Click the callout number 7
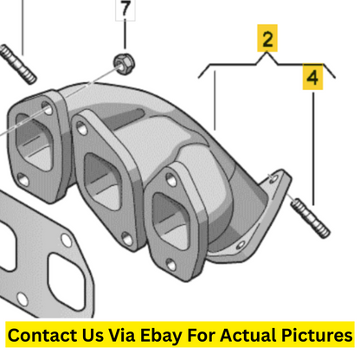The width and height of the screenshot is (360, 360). click(125, 9)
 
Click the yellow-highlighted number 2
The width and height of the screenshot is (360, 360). click(267, 38)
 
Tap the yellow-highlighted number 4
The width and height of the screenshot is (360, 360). click(312, 77)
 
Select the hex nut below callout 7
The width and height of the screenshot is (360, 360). click(124, 64)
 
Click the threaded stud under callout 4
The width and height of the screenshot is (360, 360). click(310, 218)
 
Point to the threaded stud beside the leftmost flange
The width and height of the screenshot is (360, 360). click(18, 64)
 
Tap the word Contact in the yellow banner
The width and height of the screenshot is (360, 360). click(42, 335)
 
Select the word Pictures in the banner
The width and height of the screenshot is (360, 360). click(317, 335)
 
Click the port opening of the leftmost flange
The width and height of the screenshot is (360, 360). click(34, 143)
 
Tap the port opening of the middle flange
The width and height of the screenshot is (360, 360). click(102, 181)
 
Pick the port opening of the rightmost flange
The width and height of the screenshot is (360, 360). click(170, 220)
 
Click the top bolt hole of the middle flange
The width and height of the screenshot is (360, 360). click(81, 128)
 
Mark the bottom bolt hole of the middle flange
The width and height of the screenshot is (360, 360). click(126, 239)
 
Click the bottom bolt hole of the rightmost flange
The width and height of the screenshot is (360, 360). click(171, 265)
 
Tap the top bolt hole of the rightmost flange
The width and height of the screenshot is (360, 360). click(171, 180)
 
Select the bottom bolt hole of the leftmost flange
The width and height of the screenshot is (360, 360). click(23, 180)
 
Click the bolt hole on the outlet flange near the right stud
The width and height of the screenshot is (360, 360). click(273, 179)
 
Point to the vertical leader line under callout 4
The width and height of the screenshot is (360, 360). click(313, 149)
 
